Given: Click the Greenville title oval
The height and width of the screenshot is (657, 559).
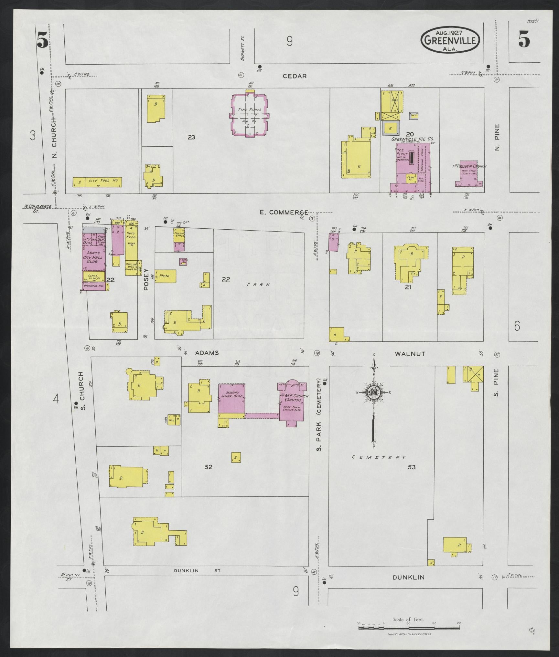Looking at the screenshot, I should (450, 40).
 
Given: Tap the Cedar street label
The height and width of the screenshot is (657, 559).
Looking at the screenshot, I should (295, 76).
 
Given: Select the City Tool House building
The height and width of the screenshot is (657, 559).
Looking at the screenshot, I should (97, 182).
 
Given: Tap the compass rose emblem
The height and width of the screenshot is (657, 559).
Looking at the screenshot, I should (373, 392).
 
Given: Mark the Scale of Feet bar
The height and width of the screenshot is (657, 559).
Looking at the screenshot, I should (409, 628).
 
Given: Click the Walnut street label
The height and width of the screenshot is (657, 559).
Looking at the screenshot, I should (410, 354).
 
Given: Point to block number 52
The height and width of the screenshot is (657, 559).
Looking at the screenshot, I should (209, 467).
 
